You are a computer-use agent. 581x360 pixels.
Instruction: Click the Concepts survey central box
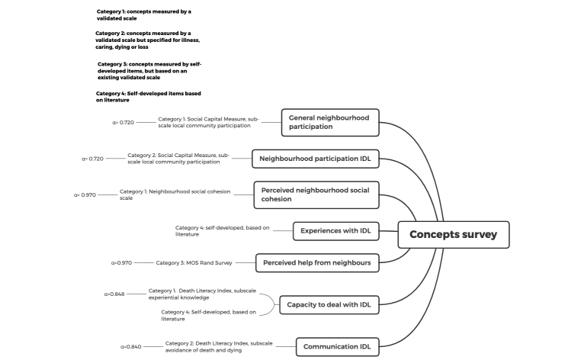click(x=453, y=235)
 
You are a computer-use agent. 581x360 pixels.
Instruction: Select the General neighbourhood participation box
click(x=329, y=122)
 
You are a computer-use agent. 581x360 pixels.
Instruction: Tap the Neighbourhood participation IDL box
click(x=316, y=159)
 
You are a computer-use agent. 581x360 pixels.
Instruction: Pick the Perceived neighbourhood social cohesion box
click(x=316, y=194)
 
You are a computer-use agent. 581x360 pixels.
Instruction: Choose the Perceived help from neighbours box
click(x=316, y=263)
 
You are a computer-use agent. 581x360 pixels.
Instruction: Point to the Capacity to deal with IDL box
click(x=329, y=305)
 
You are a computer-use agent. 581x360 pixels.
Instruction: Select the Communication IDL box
click(x=336, y=347)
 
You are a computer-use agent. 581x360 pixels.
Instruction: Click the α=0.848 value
click(x=114, y=294)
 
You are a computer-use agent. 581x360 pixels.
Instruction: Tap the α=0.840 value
click(x=130, y=347)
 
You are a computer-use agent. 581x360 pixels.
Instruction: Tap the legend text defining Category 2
click(x=147, y=40)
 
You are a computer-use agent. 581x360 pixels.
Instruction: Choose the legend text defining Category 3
click(x=149, y=71)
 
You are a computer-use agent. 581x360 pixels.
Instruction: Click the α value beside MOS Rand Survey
click(x=121, y=263)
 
